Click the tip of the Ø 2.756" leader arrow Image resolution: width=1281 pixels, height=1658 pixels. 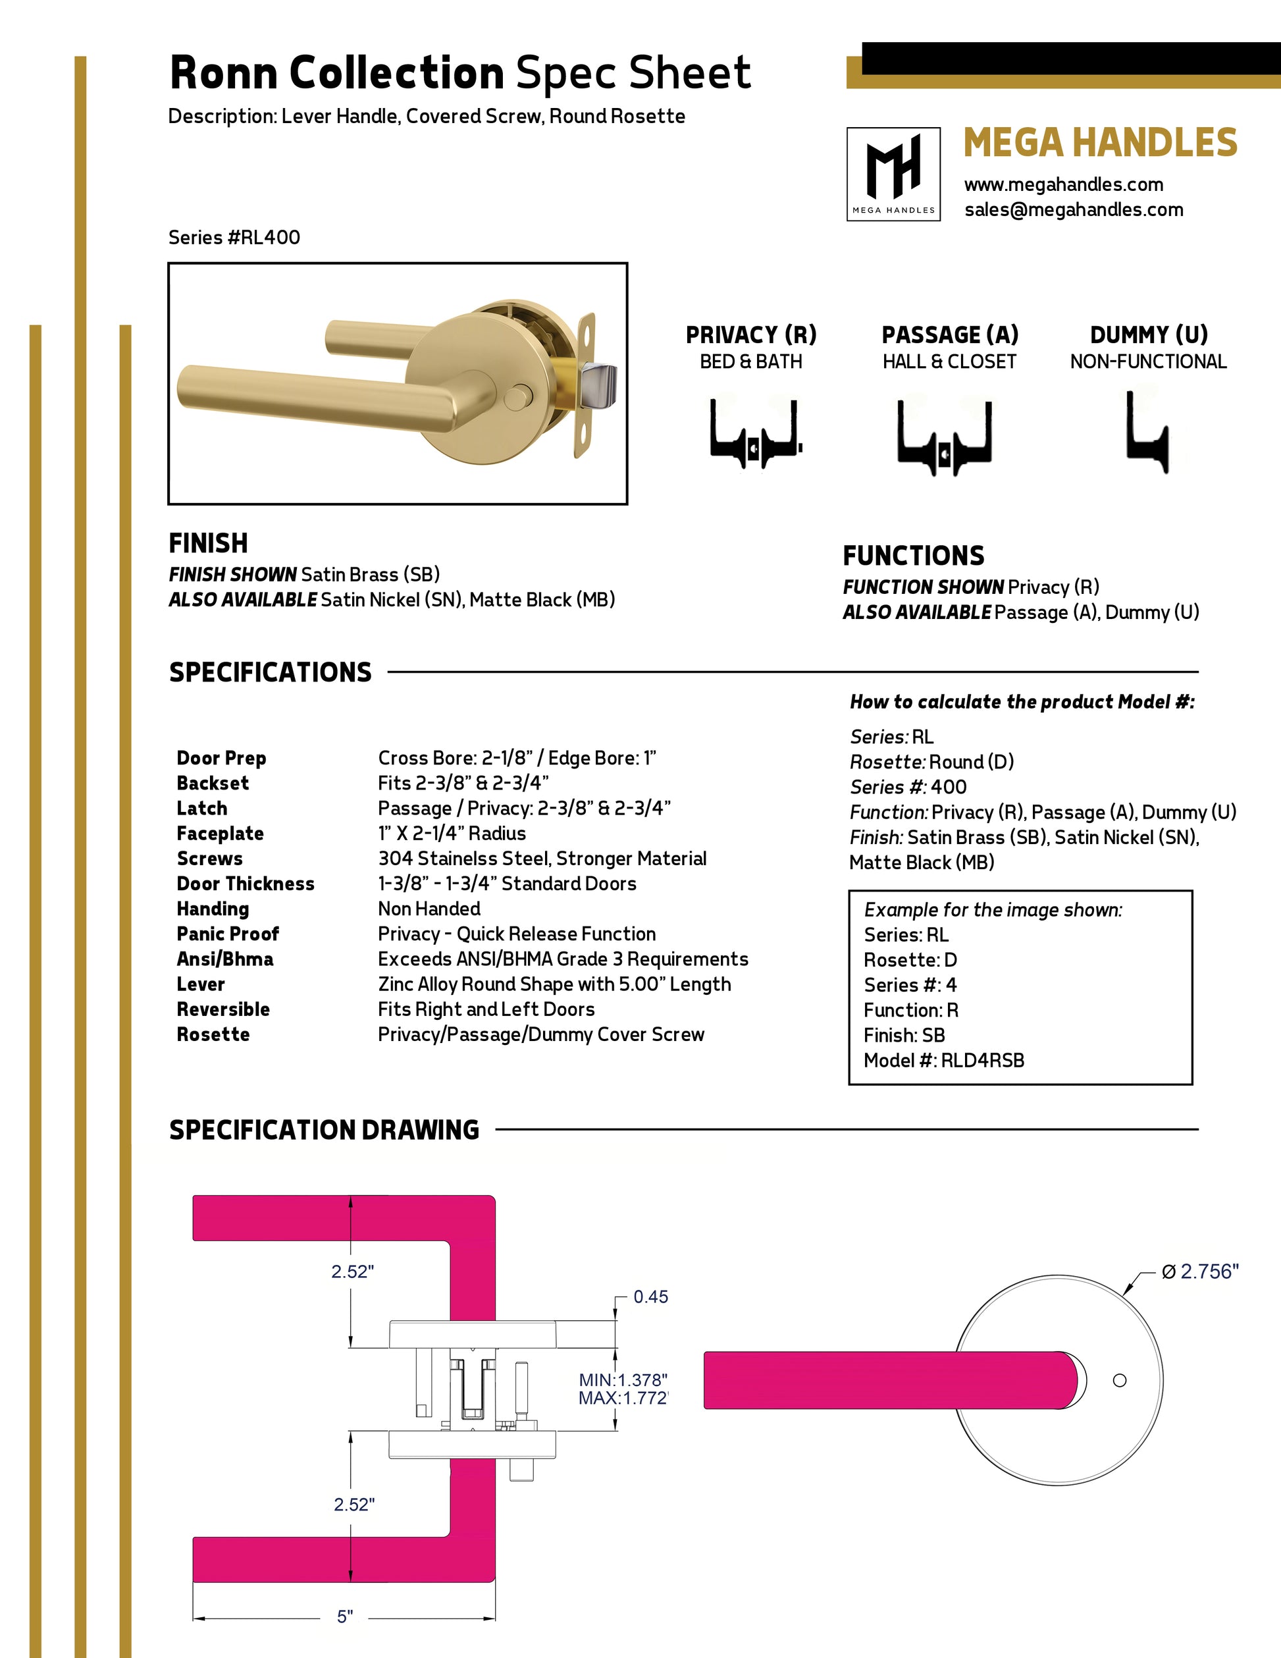pyautogui.click(x=1124, y=1294)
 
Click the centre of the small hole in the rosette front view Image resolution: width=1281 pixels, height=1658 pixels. pyautogui.click(x=1119, y=1380)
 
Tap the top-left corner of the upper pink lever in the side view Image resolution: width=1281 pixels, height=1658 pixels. pyautogui.click(x=193, y=1196)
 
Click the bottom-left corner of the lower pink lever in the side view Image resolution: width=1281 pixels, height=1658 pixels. pyautogui.click(x=193, y=1582)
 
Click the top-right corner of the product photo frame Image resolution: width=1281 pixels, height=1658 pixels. pyautogui.click(x=627, y=263)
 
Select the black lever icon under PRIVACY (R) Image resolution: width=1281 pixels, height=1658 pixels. pyautogui.click(x=754, y=432)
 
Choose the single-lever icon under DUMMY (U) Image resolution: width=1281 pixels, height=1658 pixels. pyautogui.click(x=1147, y=431)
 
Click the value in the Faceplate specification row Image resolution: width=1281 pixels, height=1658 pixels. pyautogui.click(x=452, y=834)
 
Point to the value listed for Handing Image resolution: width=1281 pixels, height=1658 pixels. pyautogui.click(x=429, y=909)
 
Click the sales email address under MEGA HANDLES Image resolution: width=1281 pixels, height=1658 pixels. pyautogui.click(x=1074, y=209)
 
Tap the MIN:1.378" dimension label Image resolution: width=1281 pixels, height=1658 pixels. pyautogui.click(x=622, y=1379)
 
